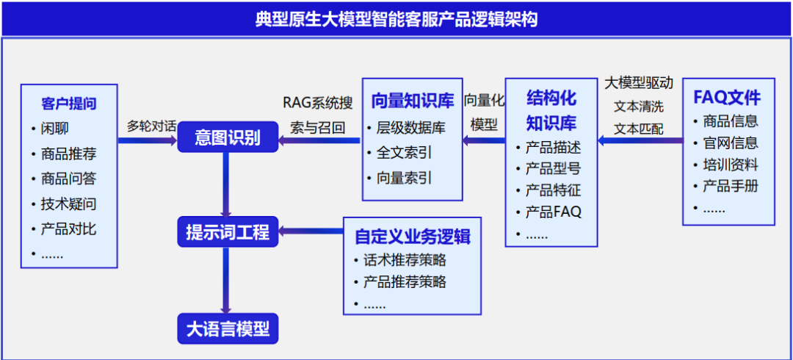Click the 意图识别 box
[x=227, y=137]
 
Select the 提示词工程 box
[x=227, y=233]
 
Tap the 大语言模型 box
[x=227, y=328]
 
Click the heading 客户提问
[x=69, y=104]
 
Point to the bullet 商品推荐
[x=68, y=154]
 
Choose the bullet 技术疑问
[x=68, y=204]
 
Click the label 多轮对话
[x=151, y=126]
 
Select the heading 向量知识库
[x=412, y=101]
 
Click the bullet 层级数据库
[x=410, y=128]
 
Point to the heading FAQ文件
[x=727, y=98]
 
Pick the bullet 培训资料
[x=730, y=165]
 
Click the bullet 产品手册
[x=730, y=186]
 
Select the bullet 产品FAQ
[x=553, y=212]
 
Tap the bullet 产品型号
[x=553, y=169]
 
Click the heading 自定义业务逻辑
[x=412, y=237]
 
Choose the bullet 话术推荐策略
[x=405, y=260]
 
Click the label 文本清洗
[x=638, y=107]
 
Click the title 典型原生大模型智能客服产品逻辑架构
[x=396, y=18]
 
